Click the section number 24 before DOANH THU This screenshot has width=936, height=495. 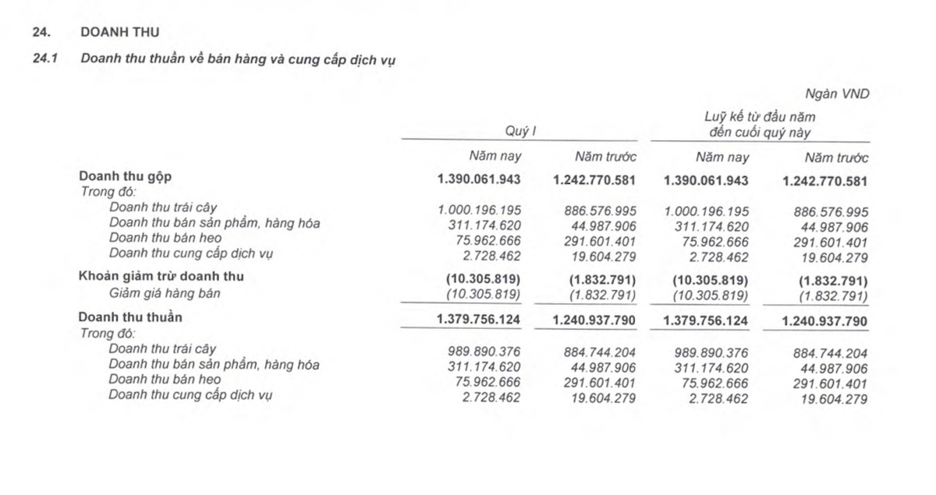40,32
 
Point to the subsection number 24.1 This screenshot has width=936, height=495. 42,59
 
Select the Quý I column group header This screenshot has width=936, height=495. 520,132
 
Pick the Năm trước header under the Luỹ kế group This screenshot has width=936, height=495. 836,157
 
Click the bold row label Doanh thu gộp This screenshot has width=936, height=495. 126,177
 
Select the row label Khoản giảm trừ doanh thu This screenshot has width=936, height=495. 167,277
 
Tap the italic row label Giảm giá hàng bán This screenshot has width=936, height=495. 165,293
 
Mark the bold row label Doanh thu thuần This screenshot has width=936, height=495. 130,318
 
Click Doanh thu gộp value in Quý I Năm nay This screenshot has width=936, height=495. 479,180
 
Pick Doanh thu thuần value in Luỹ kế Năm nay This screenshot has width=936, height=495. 706,320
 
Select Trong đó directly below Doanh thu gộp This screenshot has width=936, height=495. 108,191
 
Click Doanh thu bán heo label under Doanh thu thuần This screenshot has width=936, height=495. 165,380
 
